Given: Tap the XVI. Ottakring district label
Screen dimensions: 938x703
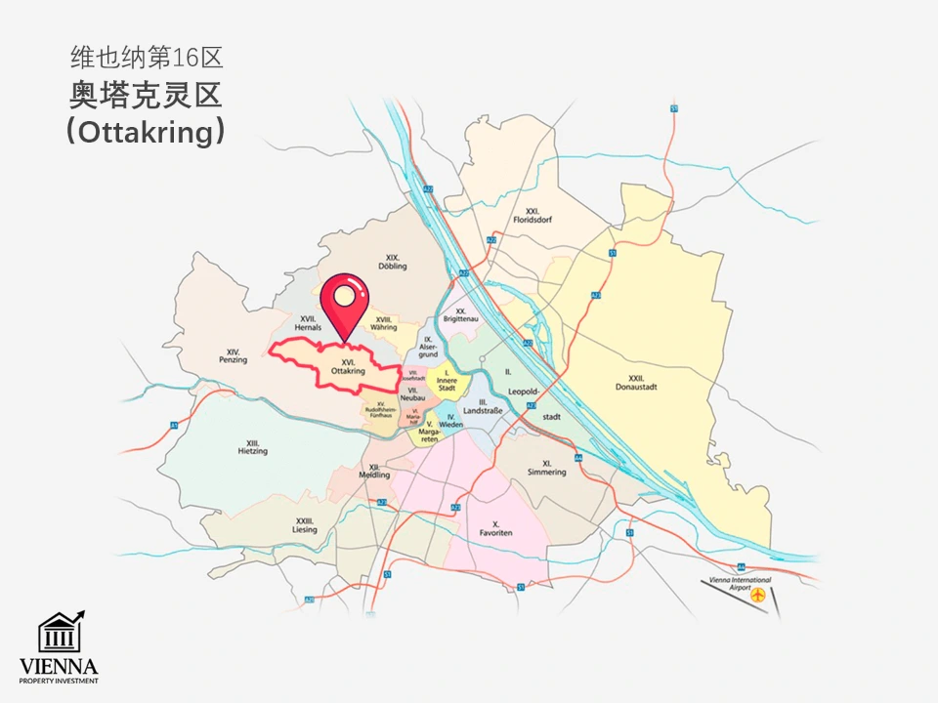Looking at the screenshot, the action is (348, 367).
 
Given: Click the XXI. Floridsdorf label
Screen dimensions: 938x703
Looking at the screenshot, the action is (533, 216).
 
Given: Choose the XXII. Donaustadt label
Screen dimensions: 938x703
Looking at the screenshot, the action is (637, 382).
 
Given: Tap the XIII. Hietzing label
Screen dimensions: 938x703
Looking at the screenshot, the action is (252, 447).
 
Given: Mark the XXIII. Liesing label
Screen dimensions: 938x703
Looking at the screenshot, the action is (304, 525).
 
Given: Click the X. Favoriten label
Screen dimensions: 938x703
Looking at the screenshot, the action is (496, 528).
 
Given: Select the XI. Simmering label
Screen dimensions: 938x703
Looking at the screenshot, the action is (545, 468).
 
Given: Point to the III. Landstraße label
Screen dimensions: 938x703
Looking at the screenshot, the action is (484, 406).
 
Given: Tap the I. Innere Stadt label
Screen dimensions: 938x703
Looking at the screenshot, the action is (446, 380).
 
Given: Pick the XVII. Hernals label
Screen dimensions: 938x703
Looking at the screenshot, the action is (309, 323).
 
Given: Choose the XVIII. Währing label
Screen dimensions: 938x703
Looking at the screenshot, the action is (385, 323).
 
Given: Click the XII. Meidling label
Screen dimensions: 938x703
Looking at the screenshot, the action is (374, 471).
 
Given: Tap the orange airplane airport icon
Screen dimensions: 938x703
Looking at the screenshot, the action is (758, 595).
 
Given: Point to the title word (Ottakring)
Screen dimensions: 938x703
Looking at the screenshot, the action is (146, 132).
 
